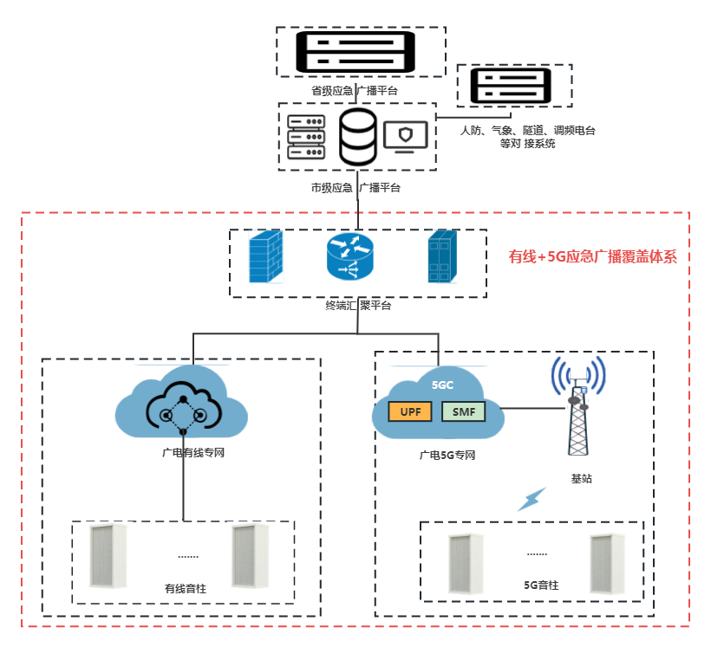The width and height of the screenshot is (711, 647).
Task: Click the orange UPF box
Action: pos(411,411)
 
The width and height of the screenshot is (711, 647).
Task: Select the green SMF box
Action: pos(463,411)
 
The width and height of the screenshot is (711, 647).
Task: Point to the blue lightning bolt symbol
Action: pos(532,499)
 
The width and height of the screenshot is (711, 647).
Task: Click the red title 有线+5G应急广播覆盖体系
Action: pos(592,256)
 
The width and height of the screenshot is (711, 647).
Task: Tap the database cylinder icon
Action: pos(357,137)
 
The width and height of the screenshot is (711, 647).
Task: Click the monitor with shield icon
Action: pos(405,138)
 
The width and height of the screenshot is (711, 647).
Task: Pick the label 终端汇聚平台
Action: pos(358,306)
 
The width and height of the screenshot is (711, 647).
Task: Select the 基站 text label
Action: pos(582,478)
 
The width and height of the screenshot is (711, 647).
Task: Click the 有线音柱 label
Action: pos(186,588)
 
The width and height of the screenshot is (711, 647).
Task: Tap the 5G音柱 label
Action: pos(542,586)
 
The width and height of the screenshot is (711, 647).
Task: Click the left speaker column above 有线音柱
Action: pos(108,556)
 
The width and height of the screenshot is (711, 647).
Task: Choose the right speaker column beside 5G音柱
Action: pos(608,564)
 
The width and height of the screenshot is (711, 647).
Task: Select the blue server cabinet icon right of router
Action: pos(440,257)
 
